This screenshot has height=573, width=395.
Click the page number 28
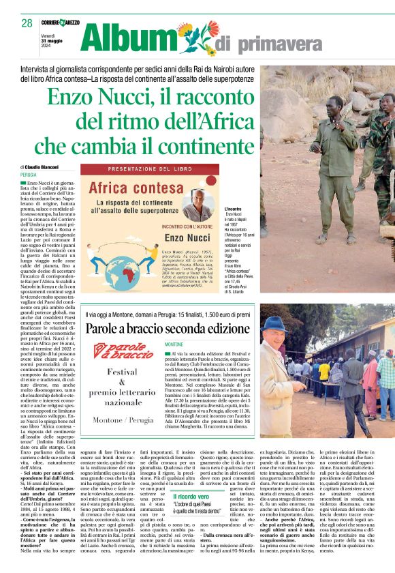pyautogui.click(x=27, y=23)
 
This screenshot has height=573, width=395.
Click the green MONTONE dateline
pyautogui.click(x=174, y=345)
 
